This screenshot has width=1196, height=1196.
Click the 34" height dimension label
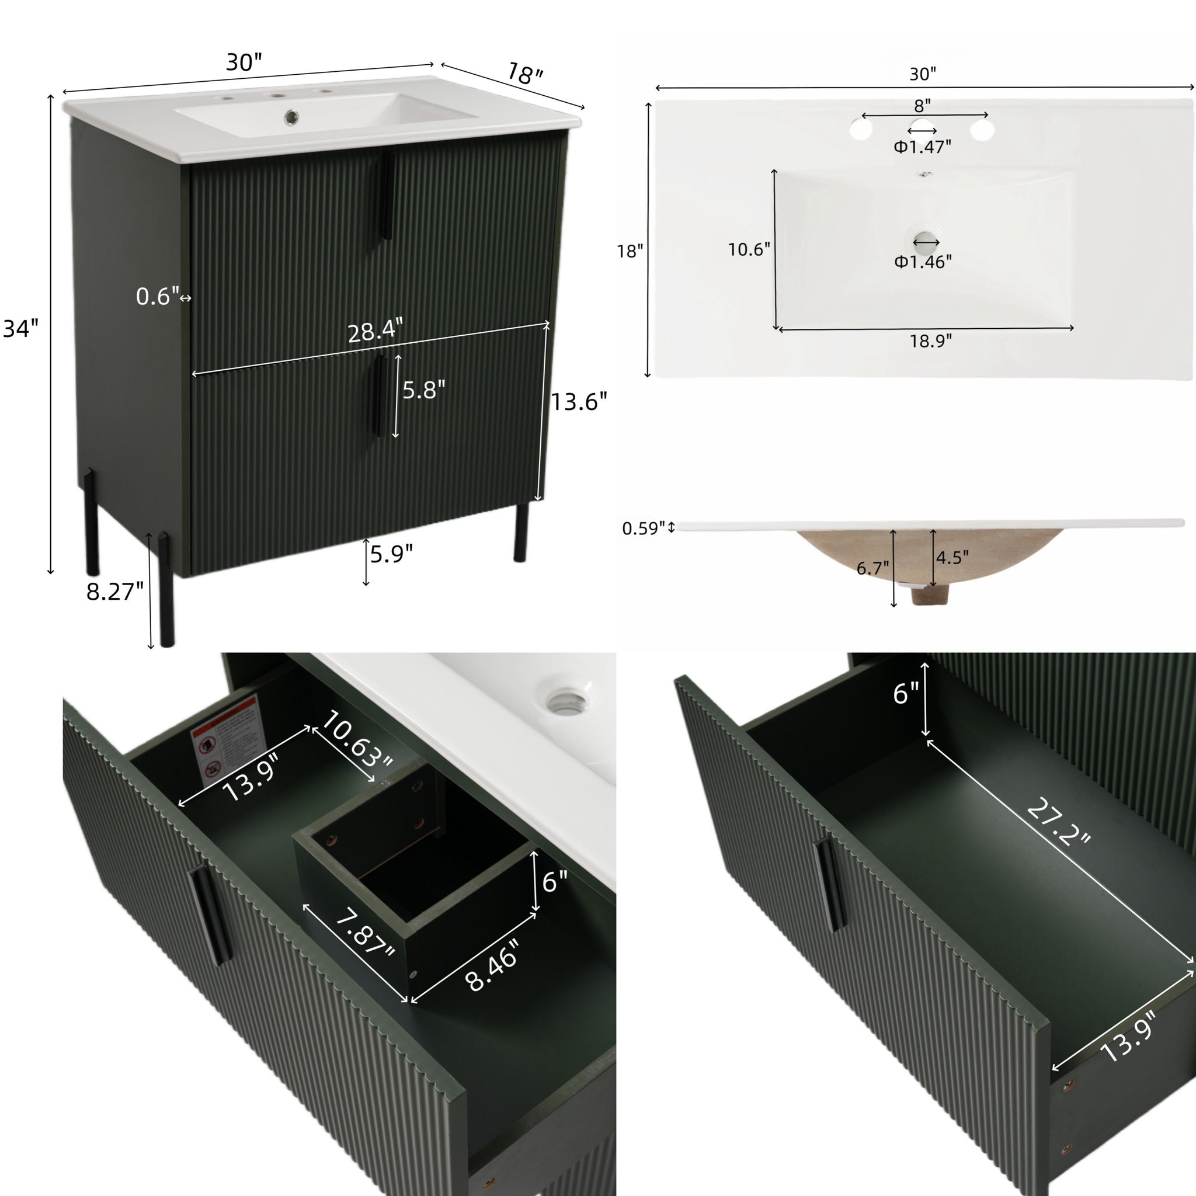(20, 328)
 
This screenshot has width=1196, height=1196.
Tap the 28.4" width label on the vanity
(375, 332)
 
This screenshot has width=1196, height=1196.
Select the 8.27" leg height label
(114, 592)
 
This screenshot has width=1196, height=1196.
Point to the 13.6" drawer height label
(579, 402)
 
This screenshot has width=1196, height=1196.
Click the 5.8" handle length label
(424, 390)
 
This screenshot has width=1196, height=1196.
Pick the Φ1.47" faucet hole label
(922, 147)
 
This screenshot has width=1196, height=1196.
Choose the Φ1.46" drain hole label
(922, 262)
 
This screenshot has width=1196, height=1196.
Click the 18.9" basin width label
(930, 341)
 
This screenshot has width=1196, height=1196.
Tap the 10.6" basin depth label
(749, 249)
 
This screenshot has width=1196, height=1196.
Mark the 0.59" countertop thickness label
(643, 528)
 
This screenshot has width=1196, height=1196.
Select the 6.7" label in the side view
(872, 568)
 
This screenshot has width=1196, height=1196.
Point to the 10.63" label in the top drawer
(357, 747)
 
